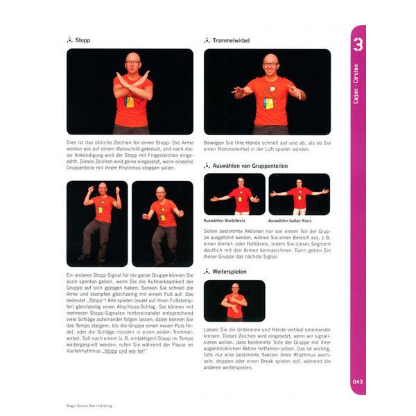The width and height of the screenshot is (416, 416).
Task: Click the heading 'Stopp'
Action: (x=83, y=40)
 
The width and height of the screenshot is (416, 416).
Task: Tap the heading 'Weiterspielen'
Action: (x=233, y=272)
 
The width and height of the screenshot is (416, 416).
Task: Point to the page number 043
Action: (x=358, y=381)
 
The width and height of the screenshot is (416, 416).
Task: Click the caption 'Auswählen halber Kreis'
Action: (x=293, y=220)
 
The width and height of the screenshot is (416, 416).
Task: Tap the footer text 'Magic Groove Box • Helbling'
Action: (x=88, y=406)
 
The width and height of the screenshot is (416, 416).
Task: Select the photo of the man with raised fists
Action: (x=97, y=223)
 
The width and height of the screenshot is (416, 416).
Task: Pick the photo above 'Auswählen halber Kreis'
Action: (x=299, y=194)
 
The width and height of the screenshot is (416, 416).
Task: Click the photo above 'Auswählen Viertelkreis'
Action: (x=234, y=194)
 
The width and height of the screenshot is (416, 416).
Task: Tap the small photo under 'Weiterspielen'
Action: (x=234, y=300)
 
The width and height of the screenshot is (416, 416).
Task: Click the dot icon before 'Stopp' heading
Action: (x=69, y=40)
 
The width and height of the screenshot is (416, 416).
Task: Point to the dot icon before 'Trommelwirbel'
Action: (x=207, y=40)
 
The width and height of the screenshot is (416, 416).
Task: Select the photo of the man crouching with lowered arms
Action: (x=162, y=223)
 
